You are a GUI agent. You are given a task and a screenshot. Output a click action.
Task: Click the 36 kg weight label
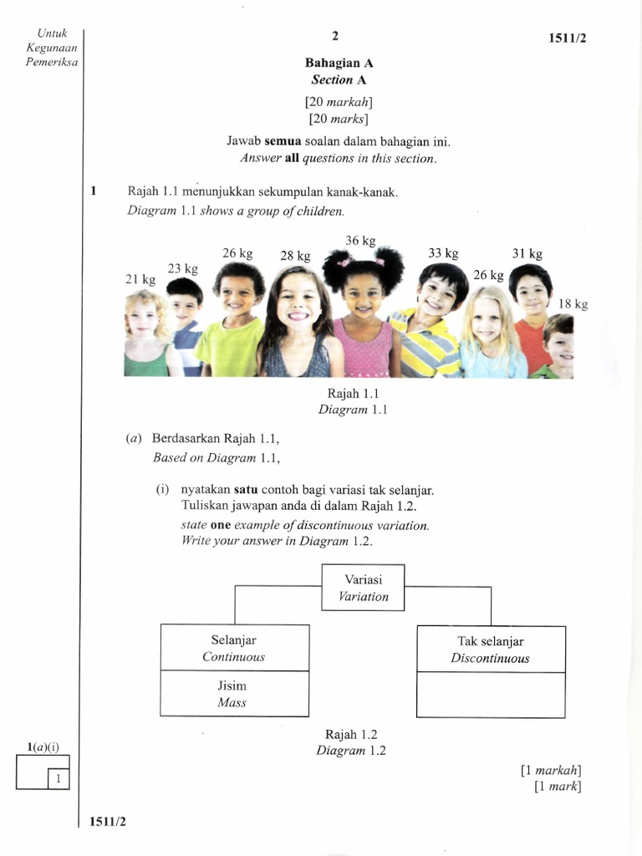pyautogui.click(x=361, y=241)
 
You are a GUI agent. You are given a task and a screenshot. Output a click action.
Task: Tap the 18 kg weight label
pyautogui.click(x=573, y=304)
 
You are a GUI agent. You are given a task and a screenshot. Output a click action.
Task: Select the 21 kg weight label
pyautogui.click(x=140, y=280)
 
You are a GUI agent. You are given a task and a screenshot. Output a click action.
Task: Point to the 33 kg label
pyautogui.click(x=443, y=252)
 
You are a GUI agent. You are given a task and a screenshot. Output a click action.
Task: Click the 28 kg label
pyautogui.click(x=295, y=256)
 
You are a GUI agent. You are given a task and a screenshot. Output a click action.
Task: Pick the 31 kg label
pyautogui.click(x=527, y=253)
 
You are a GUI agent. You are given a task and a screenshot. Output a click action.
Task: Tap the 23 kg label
pyautogui.click(x=182, y=268)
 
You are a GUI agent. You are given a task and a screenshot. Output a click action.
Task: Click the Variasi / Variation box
pyautogui.click(x=363, y=588)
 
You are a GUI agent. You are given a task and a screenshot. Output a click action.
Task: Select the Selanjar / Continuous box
pyautogui.click(x=234, y=648)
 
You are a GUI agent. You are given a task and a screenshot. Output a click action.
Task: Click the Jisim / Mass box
pyautogui.click(x=234, y=694)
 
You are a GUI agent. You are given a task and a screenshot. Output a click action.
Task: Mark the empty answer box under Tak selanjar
pyautogui.click(x=491, y=695)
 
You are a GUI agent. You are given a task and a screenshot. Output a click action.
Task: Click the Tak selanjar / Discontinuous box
pyautogui.click(x=491, y=649)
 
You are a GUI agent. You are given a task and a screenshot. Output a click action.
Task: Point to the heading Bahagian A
pyautogui.click(x=339, y=64)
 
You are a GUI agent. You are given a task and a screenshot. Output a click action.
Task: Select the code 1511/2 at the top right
pyautogui.click(x=573, y=38)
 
